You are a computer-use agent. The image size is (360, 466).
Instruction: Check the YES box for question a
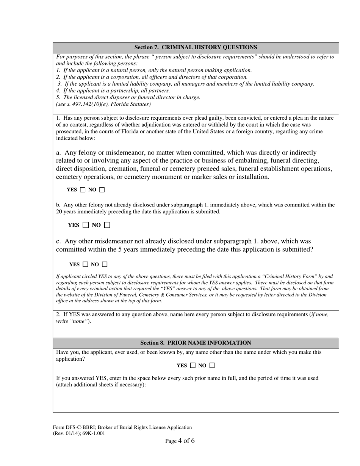tap(83, 190)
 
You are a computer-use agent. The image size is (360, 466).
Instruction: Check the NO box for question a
tap(102, 190)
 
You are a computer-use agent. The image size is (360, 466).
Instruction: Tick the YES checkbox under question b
tap(86, 225)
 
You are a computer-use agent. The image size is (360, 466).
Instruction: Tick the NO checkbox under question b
tap(107, 225)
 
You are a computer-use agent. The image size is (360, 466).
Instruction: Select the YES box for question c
tap(85, 264)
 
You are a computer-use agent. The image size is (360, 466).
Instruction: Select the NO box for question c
tap(105, 264)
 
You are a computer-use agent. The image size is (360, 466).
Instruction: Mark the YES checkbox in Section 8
tap(193, 366)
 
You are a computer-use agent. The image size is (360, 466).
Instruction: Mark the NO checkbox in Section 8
tap(212, 366)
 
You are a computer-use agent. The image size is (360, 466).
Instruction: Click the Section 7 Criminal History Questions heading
tap(196, 47)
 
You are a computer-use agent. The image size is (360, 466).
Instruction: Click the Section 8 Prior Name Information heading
tap(196, 343)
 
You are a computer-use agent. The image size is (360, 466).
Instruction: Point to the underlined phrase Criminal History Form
tap(290, 277)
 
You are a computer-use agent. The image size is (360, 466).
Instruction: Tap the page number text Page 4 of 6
tap(180, 441)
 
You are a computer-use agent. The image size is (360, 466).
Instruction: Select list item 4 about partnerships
tap(113, 91)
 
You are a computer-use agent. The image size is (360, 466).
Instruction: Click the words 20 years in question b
tap(67, 212)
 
